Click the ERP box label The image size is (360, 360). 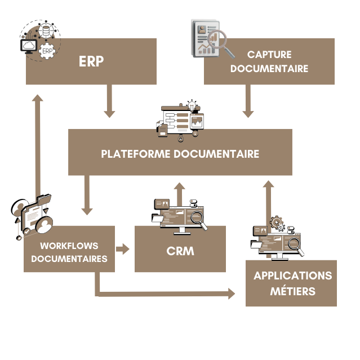point(91,61)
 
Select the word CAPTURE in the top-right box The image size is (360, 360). point(269,55)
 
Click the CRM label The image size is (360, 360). point(180,251)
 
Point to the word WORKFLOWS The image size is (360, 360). point(69,246)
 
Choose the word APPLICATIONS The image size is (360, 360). point(292,276)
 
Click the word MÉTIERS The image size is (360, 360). point(292,291)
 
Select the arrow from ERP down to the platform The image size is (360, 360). point(109,101)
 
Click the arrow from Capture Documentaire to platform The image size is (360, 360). point(247,101)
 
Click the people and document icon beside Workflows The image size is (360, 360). point(31,217)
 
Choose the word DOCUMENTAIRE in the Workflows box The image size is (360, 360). point(69,259)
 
